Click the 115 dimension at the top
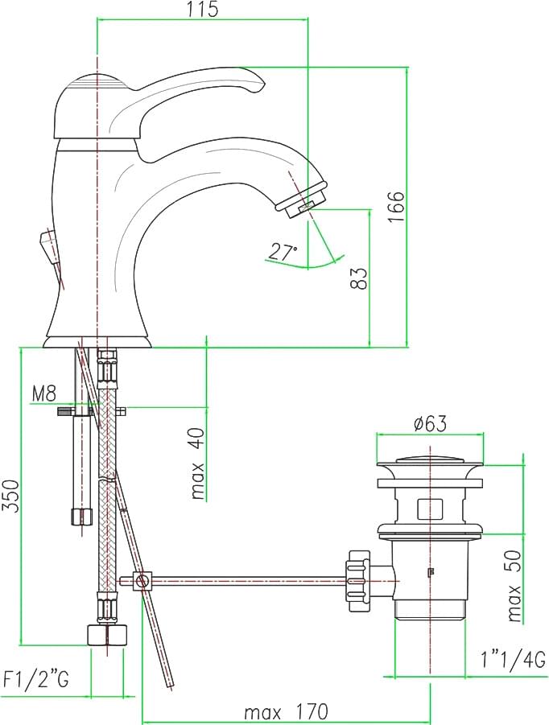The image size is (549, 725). click(203, 9)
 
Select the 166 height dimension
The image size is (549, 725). click(396, 206)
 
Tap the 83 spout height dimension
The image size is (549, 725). click(359, 278)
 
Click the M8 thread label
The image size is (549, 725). click(44, 394)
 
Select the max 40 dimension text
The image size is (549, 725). click(197, 463)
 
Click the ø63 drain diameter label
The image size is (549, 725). click(431, 423)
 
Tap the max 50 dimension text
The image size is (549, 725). click(514, 587)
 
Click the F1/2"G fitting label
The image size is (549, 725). click(35, 680)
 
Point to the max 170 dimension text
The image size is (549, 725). click(286, 711)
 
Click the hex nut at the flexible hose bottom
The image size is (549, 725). click(107, 635)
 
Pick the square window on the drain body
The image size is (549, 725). click(430, 509)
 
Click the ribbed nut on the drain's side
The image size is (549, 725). click(359, 575)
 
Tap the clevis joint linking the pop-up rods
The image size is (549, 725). click(143, 580)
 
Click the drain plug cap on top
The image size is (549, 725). click(430, 463)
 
